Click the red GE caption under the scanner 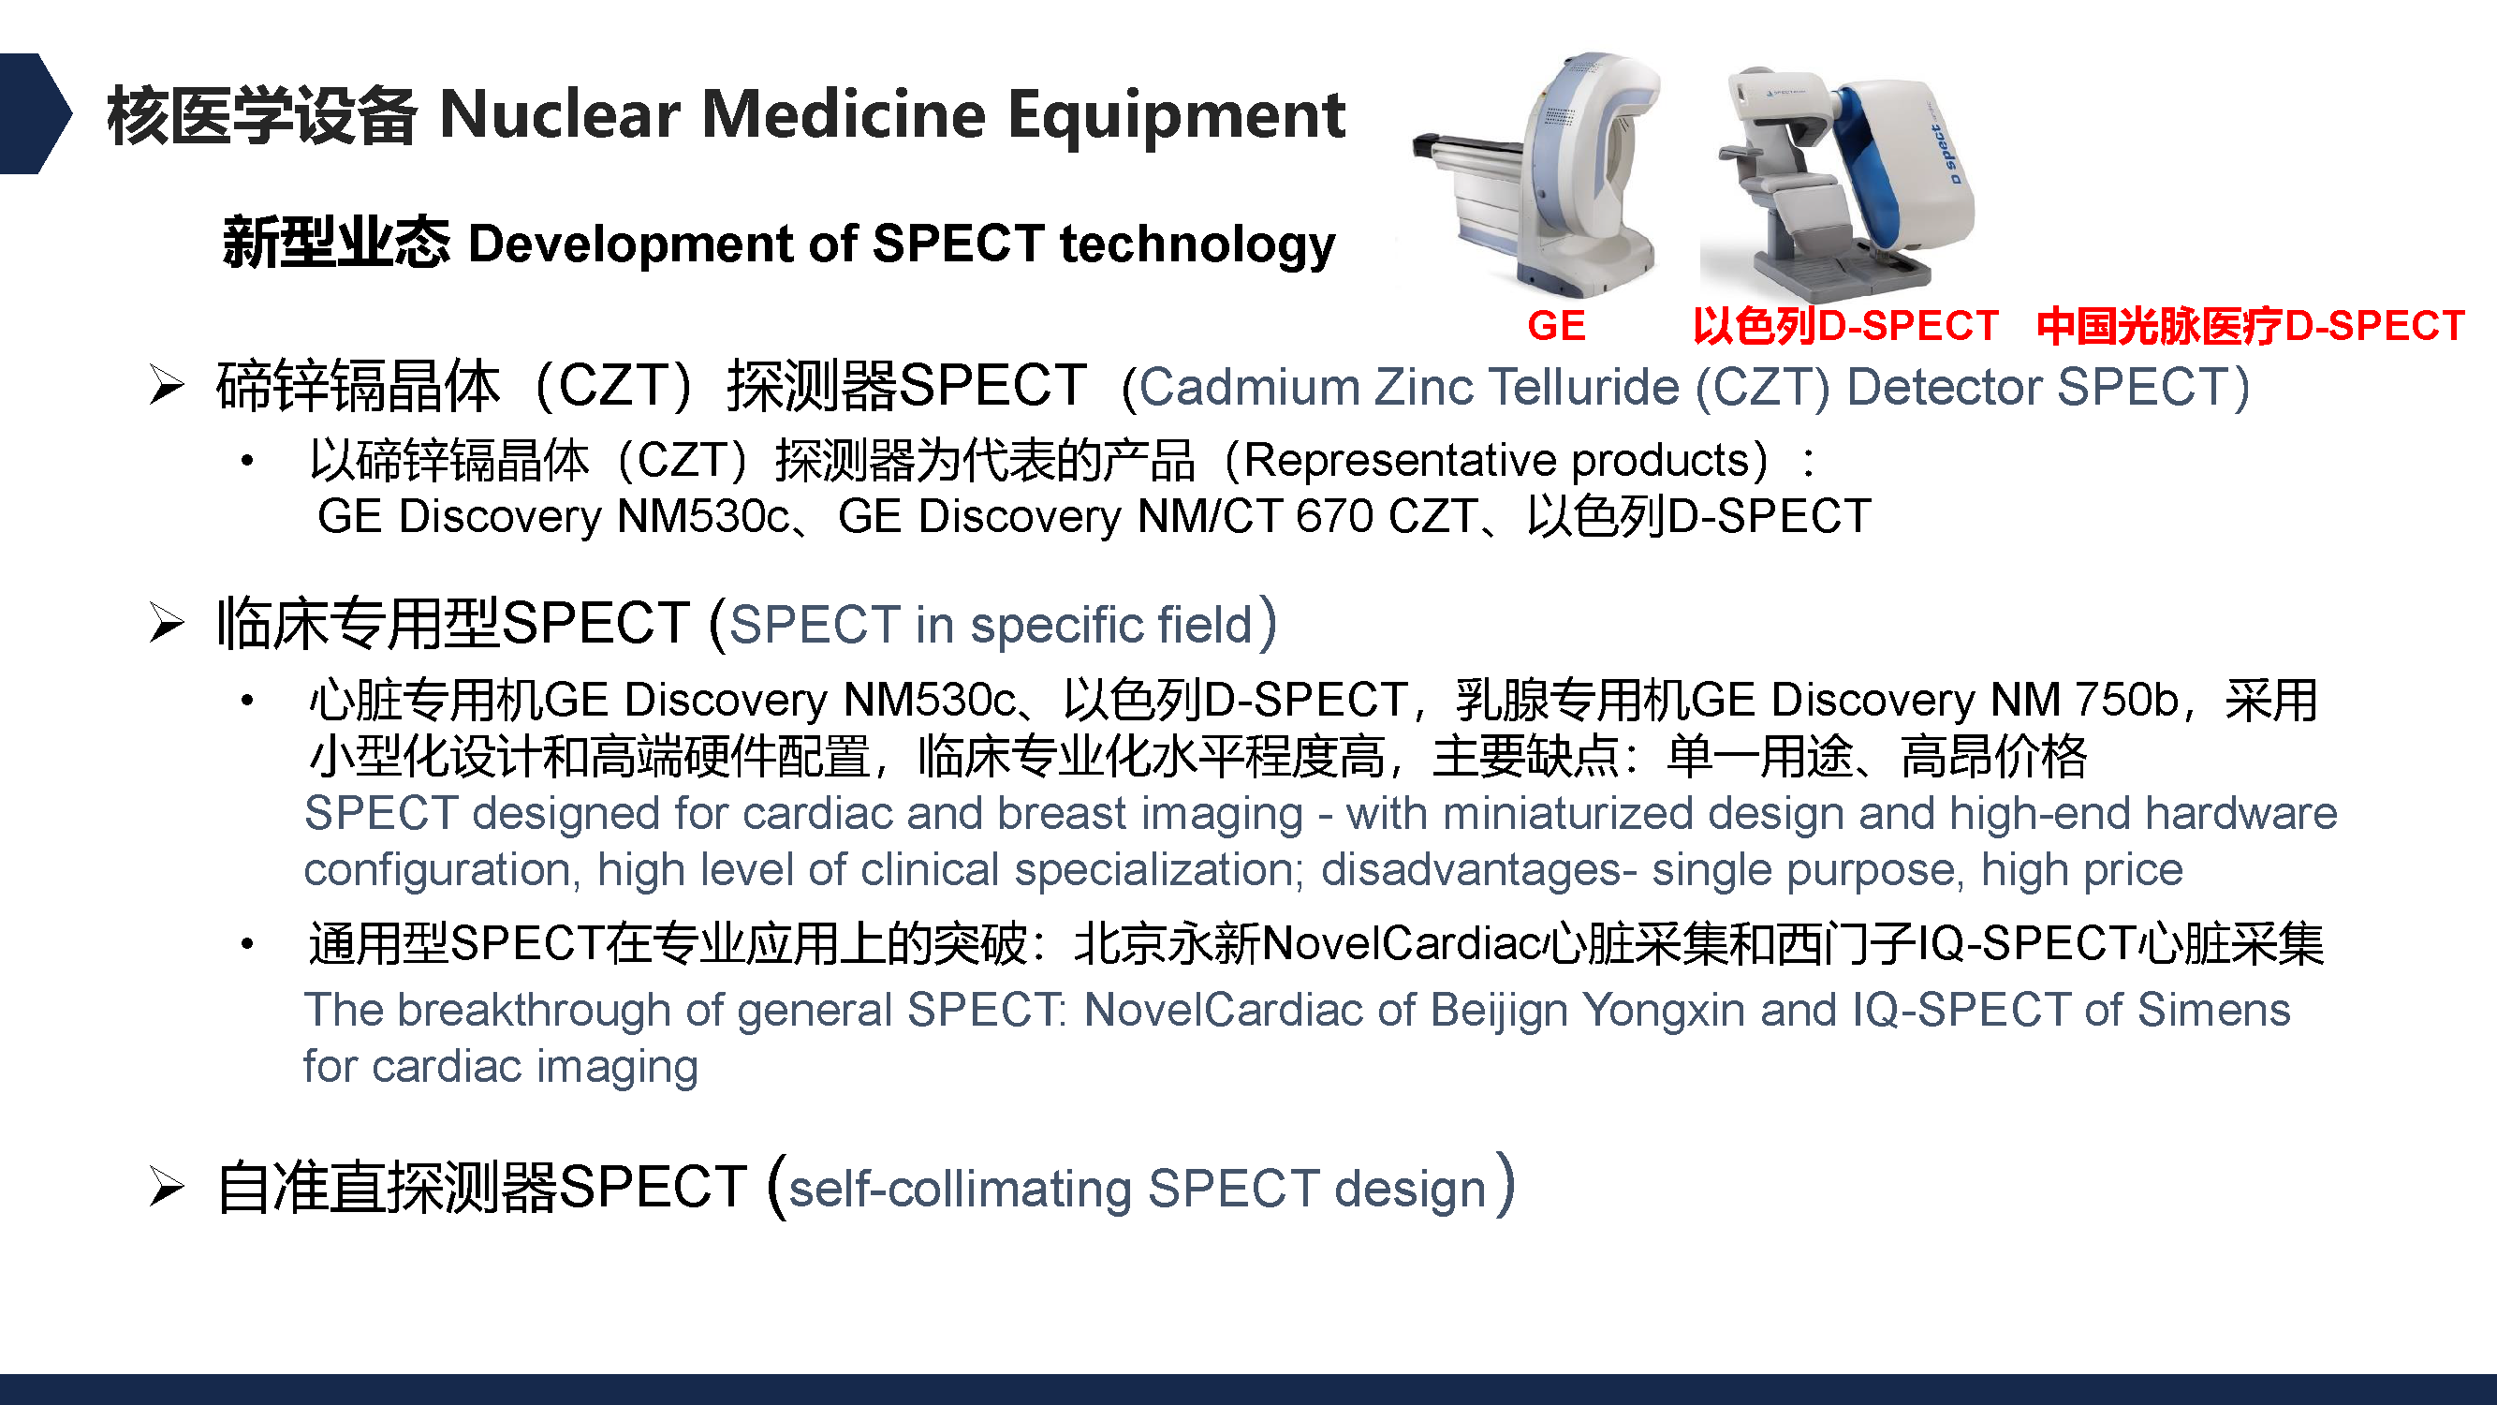pyautogui.click(x=1556, y=326)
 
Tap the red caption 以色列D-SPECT pyautogui.click(x=1844, y=326)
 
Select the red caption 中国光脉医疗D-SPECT pyautogui.click(x=2250, y=326)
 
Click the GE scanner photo pyautogui.click(x=1535, y=174)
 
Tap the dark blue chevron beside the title pyautogui.click(x=36, y=113)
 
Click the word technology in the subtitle pyautogui.click(x=1197, y=245)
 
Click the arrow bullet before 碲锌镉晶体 pyautogui.click(x=167, y=386)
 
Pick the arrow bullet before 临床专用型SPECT pyautogui.click(x=167, y=623)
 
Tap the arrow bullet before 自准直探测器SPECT pyautogui.click(x=167, y=1187)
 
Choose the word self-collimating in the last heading pyautogui.click(x=960, y=1190)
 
